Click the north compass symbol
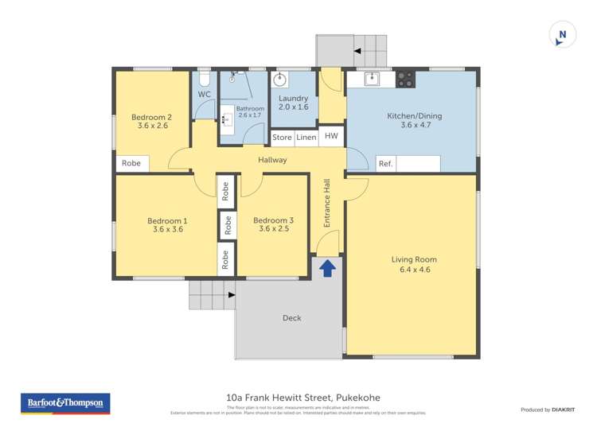pyautogui.click(x=563, y=35)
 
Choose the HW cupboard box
pyautogui.click(x=332, y=137)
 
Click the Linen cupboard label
pyautogui.click(x=306, y=138)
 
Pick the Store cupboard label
pyautogui.click(x=282, y=138)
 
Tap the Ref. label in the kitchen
pyautogui.click(x=385, y=164)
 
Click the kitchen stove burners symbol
pyautogui.click(x=405, y=79)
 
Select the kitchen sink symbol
pyautogui.click(x=372, y=78)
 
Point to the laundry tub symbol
pyautogui.click(x=280, y=80)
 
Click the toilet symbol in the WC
pyautogui.click(x=204, y=79)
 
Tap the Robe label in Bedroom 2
pyautogui.click(x=131, y=164)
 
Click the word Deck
pyautogui.click(x=292, y=318)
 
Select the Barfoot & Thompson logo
pyautogui.click(x=65, y=403)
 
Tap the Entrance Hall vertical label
pyautogui.click(x=327, y=203)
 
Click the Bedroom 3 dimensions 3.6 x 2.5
pyautogui.click(x=274, y=229)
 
